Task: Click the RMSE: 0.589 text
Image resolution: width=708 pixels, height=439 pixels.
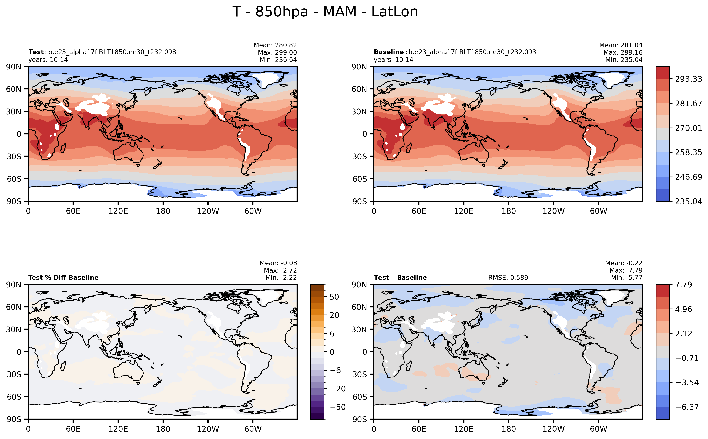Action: point(508,278)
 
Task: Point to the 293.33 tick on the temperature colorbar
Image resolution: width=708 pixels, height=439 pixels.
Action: point(688,79)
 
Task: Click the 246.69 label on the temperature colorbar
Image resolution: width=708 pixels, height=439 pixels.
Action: point(688,177)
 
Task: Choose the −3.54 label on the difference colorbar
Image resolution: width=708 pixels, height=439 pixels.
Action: point(687,382)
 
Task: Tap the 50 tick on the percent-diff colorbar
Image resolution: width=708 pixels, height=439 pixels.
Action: point(334,297)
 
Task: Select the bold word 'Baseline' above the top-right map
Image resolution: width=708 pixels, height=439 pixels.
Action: point(389,52)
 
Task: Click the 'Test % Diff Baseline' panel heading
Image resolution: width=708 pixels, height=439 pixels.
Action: point(63,278)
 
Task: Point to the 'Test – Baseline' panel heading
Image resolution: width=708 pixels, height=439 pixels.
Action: point(400,278)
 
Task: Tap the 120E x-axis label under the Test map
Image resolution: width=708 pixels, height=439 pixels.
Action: point(118,211)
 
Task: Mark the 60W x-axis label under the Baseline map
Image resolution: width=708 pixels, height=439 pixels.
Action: point(599,211)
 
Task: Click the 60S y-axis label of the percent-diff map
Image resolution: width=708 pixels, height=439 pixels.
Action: point(14,397)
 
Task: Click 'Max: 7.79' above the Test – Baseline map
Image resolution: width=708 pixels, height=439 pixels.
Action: point(626,270)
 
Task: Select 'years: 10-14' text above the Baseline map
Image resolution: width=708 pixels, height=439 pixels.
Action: point(393,60)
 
